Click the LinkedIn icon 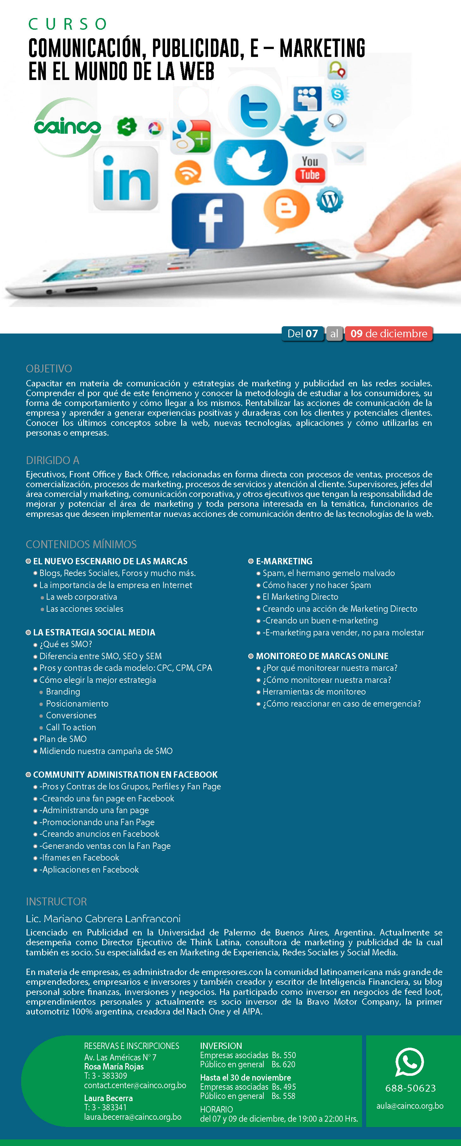pyautogui.click(x=126, y=178)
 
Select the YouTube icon pyautogui.click(x=310, y=169)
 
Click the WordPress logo pyautogui.click(x=330, y=200)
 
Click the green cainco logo pyautogui.click(x=67, y=128)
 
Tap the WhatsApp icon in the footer pyautogui.click(x=409, y=1062)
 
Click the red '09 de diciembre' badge pyautogui.click(x=389, y=334)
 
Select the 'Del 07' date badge pyautogui.click(x=303, y=334)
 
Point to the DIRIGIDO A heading pyautogui.click(x=52, y=460)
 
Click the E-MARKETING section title pyautogui.click(x=284, y=561)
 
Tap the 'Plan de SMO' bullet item pyautogui.click(x=63, y=739)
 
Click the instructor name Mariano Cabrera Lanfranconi pyautogui.click(x=103, y=919)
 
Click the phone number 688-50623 pyautogui.click(x=410, y=1088)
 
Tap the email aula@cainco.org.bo pyautogui.click(x=410, y=1106)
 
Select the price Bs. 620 pyautogui.click(x=283, y=1064)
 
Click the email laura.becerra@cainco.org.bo pyautogui.click(x=132, y=1117)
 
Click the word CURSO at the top pyautogui.click(x=68, y=24)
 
